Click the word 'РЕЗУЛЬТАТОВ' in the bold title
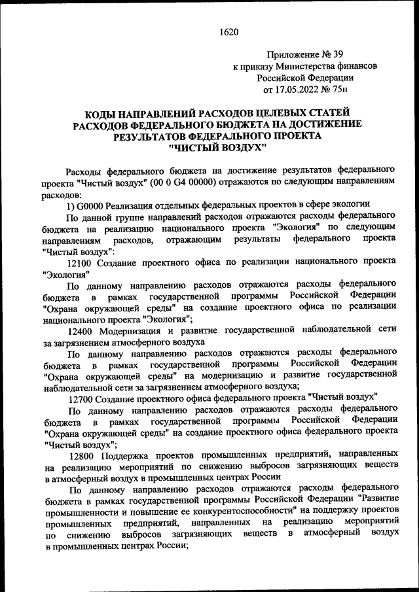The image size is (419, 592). [154, 136]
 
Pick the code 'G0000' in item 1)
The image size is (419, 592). [94, 204]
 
